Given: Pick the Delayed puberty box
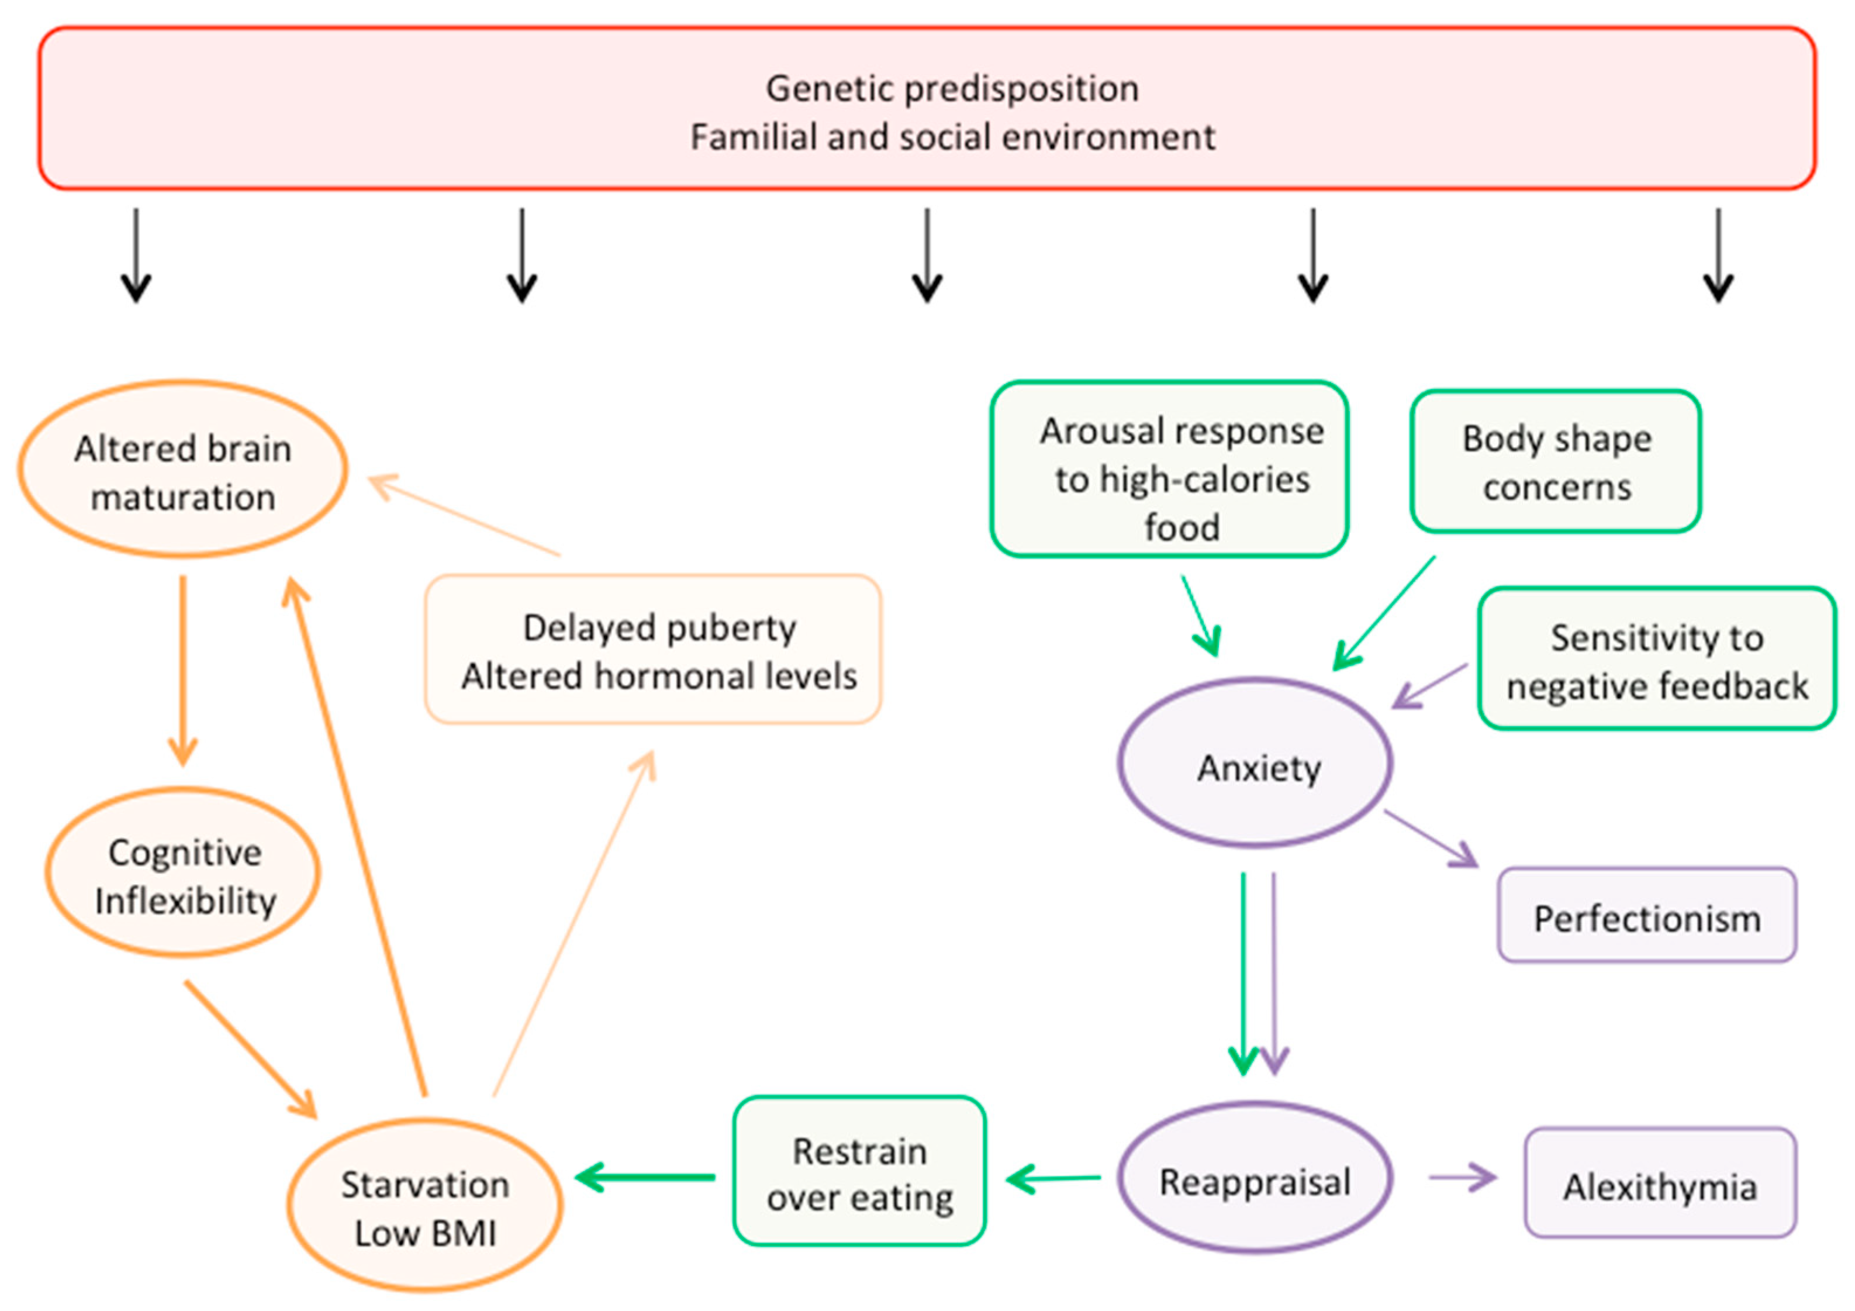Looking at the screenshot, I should [x=653, y=649].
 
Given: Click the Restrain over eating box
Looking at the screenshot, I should [x=859, y=1171].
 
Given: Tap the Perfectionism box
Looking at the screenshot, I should [x=1646, y=916].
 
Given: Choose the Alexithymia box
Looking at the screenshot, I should [x=1660, y=1184].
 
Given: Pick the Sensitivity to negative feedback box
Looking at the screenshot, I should [x=1656, y=659].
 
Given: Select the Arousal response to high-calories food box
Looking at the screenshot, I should [x=1169, y=470].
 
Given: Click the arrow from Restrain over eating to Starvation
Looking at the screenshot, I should [x=647, y=1177].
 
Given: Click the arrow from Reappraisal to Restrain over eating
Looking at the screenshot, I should [x=1053, y=1178].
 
